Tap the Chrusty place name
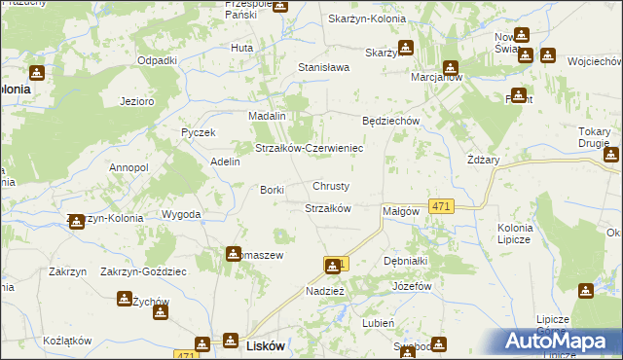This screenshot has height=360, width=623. pyautogui.click(x=331, y=186)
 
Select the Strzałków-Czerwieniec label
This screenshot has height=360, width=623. pyautogui.click(x=309, y=148)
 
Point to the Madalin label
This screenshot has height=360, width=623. pyautogui.click(x=266, y=116)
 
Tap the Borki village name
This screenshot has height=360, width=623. pyautogui.click(x=271, y=190)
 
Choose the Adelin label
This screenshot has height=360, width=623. pyautogui.click(x=225, y=162)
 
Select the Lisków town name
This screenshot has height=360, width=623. pyautogui.click(x=266, y=346)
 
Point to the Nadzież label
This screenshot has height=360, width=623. pyautogui.click(x=324, y=291)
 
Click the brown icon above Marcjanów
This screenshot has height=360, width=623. pyautogui.click(x=451, y=67)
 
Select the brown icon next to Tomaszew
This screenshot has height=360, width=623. pyautogui.click(x=234, y=255)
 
